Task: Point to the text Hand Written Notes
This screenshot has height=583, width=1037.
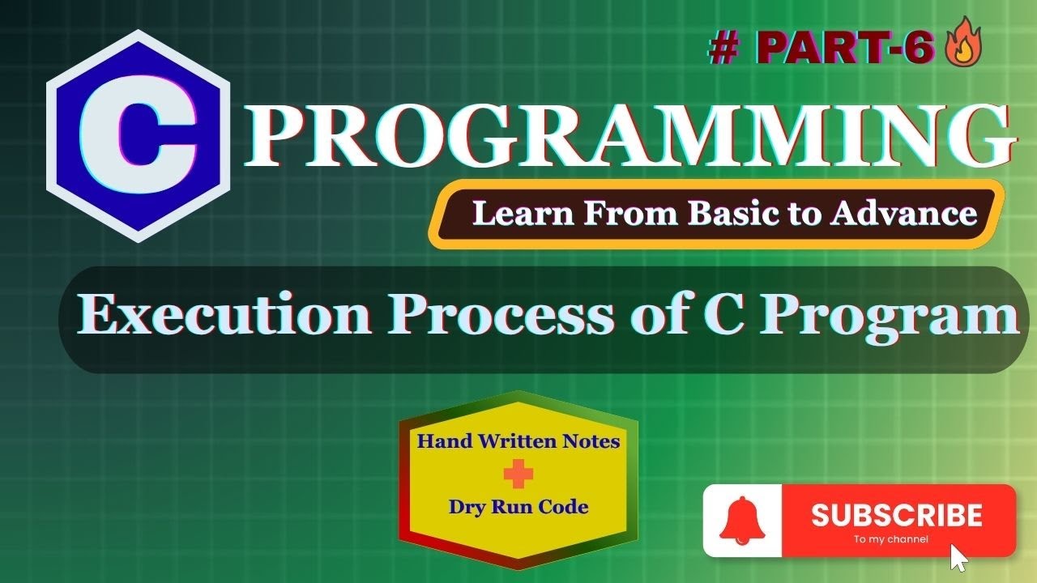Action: coord(518,441)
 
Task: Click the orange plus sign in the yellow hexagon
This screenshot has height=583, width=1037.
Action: coord(518,474)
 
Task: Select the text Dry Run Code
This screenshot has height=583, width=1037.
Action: coord(518,508)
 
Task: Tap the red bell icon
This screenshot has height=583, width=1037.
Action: coord(742,520)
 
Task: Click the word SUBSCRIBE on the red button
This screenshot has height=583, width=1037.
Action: coord(896,515)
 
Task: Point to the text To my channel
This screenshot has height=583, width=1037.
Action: coord(890,539)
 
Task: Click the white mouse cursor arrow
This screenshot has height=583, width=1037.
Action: coord(959,558)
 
